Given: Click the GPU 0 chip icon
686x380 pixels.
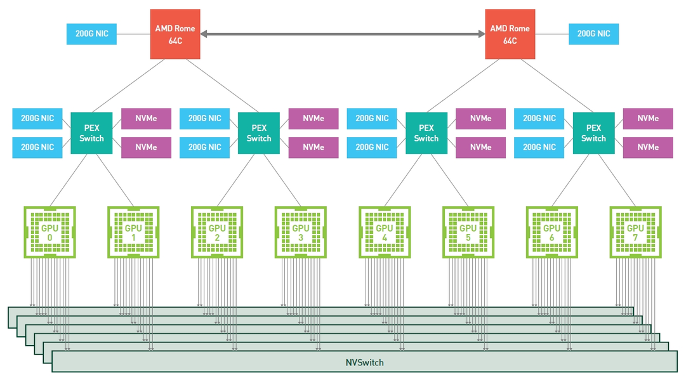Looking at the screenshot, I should pyautogui.click(x=49, y=232).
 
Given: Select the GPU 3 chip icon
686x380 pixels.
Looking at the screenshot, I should pyautogui.click(x=301, y=232).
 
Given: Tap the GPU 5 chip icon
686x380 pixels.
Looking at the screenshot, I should pyautogui.click(x=468, y=232).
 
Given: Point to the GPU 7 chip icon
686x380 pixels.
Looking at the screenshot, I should pyautogui.click(x=635, y=232).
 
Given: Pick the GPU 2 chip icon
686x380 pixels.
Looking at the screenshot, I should pyautogui.click(x=217, y=232).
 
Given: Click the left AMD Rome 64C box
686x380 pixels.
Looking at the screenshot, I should pyautogui.click(x=175, y=34).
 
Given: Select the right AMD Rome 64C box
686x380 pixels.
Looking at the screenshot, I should pyautogui.click(x=510, y=34).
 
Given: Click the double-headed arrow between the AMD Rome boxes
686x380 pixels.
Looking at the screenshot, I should pyautogui.click(x=343, y=34).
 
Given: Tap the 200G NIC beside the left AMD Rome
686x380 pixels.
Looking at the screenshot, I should pyautogui.click(x=91, y=34).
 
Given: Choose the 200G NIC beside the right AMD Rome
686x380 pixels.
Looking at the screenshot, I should pyautogui.click(x=593, y=34).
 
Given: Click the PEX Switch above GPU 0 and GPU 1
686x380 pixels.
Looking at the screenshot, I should pyautogui.click(x=91, y=133).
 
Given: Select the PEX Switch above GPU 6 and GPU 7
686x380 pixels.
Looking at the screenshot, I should pyautogui.click(x=593, y=133).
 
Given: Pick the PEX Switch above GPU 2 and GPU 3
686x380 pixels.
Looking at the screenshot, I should pyautogui.click(x=259, y=133).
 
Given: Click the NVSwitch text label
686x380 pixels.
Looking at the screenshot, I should pyautogui.click(x=364, y=363).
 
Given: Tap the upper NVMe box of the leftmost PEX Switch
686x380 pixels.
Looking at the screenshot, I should pyautogui.click(x=146, y=119).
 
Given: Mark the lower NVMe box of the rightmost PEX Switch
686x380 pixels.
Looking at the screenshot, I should pyautogui.click(x=648, y=147).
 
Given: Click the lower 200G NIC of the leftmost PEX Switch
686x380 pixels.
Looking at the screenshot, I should pyautogui.click(x=37, y=147).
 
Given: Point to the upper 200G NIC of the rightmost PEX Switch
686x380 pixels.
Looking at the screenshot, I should pyautogui.click(x=539, y=119).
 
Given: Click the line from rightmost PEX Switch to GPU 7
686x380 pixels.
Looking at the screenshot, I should pyautogui.click(x=615, y=180).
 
